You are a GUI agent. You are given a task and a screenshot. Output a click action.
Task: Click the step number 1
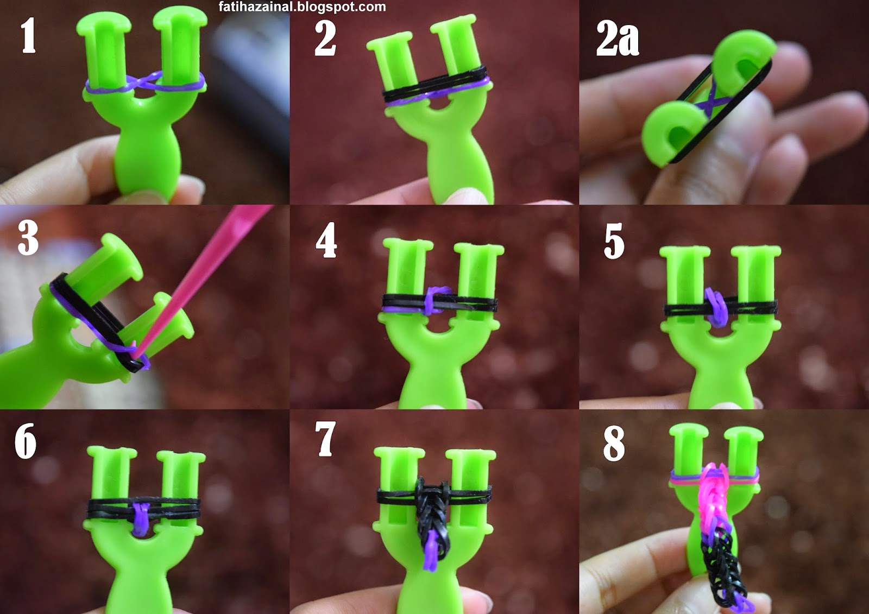pyautogui.click(x=29, y=35)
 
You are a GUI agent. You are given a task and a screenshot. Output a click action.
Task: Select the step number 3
pyautogui.click(x=28, y=238)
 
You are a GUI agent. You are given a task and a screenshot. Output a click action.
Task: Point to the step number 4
pyautogui.click(x=326, y=240)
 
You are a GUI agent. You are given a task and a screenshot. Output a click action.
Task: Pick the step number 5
pyautogui.click(x=614, y=241)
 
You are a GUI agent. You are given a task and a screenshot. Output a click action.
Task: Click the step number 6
pyautogui.click(x=26, y=441)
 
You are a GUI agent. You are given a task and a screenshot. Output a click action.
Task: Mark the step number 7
pyautogui.click(x=325, y=439)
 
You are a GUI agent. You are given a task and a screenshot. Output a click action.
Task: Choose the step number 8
pyautogui.click(x=614, y=444)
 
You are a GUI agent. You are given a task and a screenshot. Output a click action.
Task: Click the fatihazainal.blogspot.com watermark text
pyautogui.click(x=302, y=7)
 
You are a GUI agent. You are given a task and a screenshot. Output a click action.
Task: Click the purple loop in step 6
pyautogui.click(x=141, y=518)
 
